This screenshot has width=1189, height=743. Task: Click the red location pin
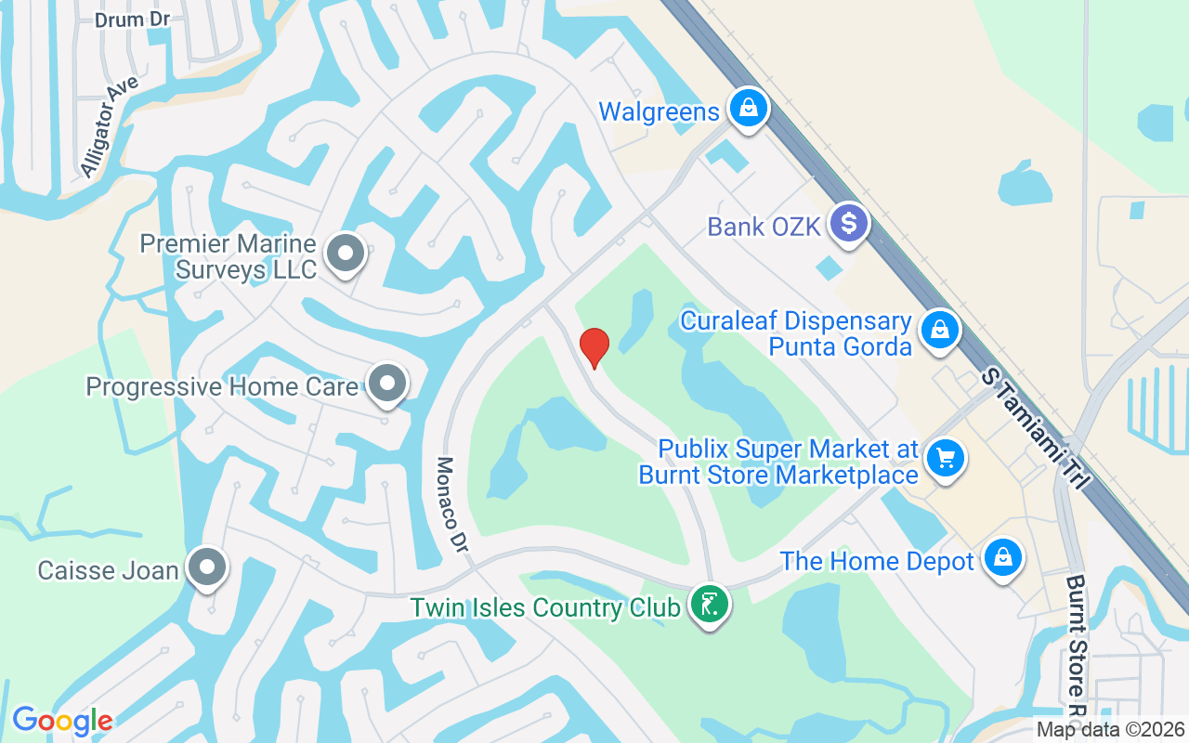[594, 347]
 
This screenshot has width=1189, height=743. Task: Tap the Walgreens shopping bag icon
[747, 109]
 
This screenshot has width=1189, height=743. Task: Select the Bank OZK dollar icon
[848, 224]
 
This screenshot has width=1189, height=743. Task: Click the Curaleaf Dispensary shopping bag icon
[940, 330]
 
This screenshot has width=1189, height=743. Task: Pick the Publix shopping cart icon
[946, 457]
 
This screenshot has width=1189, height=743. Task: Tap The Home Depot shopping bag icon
[1002, 558]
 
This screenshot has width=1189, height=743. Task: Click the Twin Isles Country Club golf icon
[710, 605]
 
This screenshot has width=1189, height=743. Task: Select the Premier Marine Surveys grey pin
[347, 253]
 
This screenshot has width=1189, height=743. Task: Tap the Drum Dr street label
[132, 19]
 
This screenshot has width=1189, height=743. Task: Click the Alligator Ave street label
[109, 126]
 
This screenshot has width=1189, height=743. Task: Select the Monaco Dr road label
[451, 505]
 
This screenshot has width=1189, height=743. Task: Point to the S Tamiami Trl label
[1037, 425]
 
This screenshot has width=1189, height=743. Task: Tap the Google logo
[62, 720]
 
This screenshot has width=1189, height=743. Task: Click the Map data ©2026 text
[1110, 730]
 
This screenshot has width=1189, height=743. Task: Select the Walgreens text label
[659, 112]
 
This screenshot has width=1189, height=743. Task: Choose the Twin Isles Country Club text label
[545, 608]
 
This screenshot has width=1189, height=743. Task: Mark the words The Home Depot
[877, 561]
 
